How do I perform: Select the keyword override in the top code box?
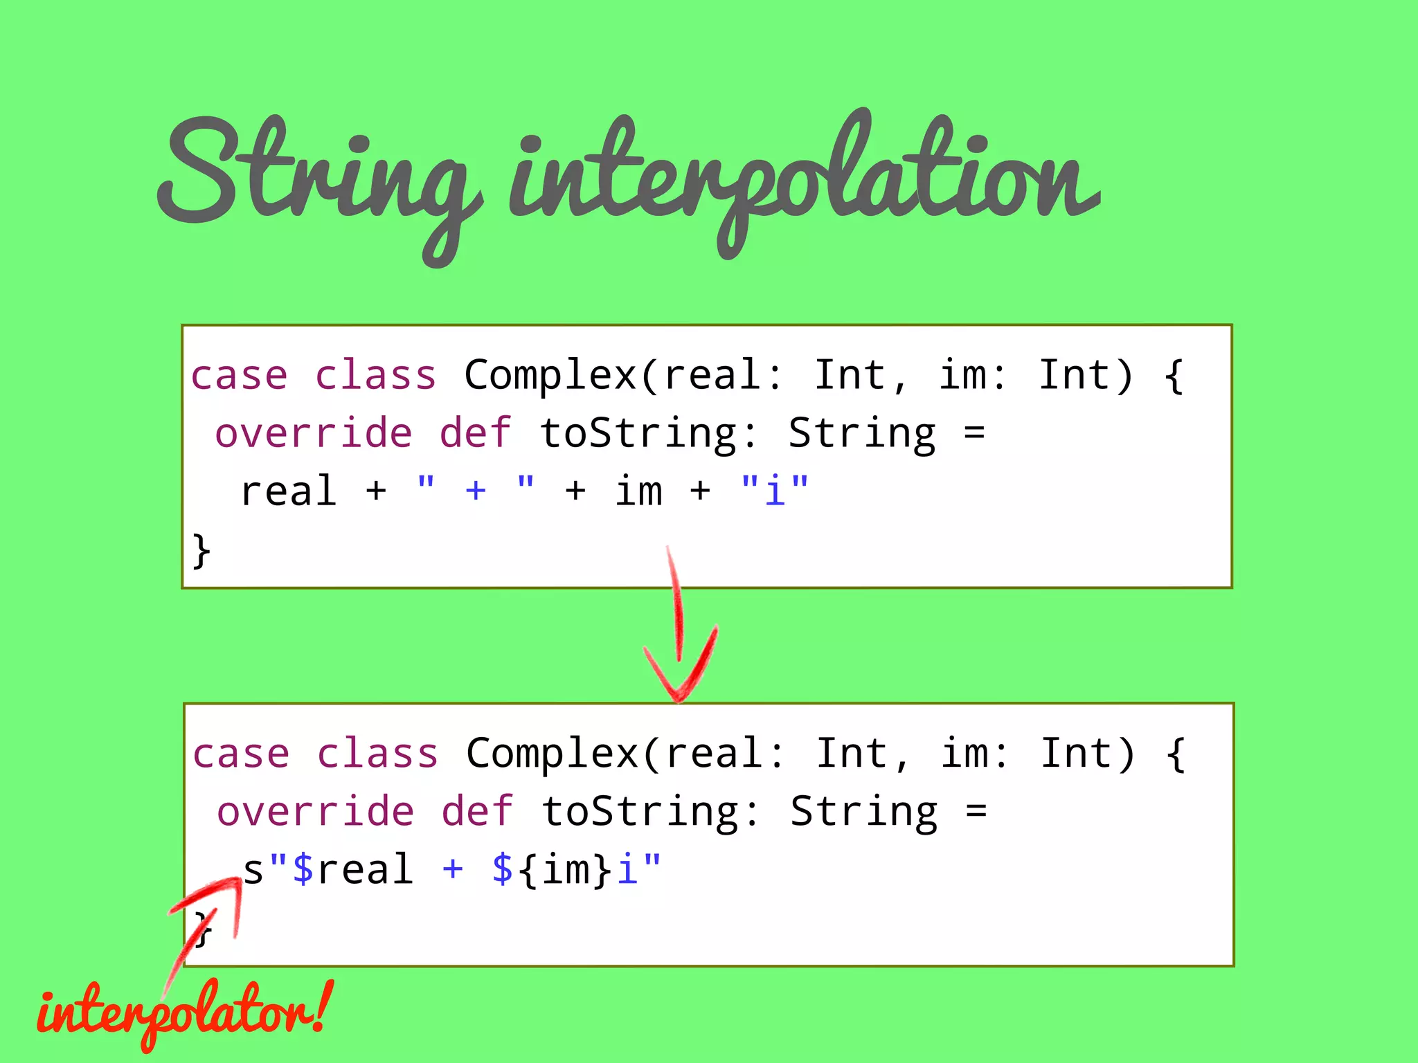pos(314,433)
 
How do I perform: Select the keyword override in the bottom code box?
pos(316,811)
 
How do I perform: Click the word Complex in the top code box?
pos(550,375)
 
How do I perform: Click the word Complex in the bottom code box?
pos(553,753)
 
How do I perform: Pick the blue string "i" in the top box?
pos(774,491)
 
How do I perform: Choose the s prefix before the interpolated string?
pos(253,870)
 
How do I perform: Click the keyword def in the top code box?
pos(476,433)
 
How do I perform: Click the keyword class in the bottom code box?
pos(377,753)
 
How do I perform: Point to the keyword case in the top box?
pos(239,375)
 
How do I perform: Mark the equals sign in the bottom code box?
pos(976,811)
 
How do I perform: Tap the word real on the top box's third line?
pos(289,491)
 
